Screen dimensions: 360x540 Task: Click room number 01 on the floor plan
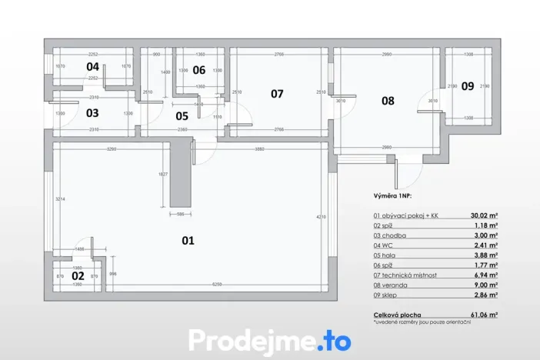(x=188, y=240)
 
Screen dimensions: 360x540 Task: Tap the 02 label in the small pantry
(x=78, y=275)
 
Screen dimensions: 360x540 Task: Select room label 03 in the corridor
(x=92, y=112)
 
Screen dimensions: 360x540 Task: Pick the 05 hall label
(x=182, y=116)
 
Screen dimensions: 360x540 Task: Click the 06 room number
(x=199, y=70)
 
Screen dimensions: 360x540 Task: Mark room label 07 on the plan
(x=277, y=94)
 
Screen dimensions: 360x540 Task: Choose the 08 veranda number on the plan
(x=387, y=100)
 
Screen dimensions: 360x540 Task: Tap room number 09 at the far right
(x=468, y=86)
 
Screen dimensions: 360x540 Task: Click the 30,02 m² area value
(x=485, y=216)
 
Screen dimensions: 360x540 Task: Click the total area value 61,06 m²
(x=485, y=315)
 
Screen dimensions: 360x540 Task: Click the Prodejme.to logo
(x=269, y=340)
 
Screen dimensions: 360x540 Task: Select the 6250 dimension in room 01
(x=219, y=285)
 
